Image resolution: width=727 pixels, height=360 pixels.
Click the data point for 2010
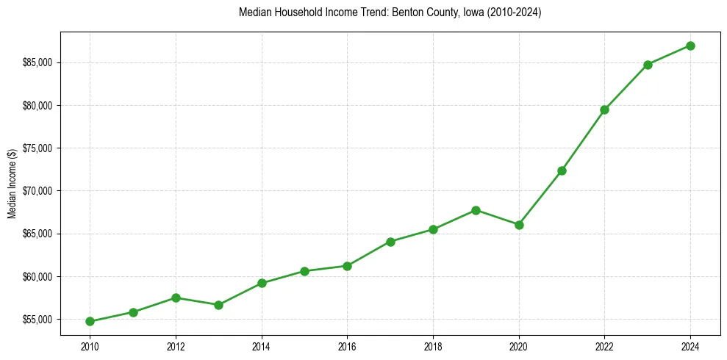pyautogui.click(x=90, y=321)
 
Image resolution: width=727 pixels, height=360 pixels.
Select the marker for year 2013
pyautogui.click(x=218, y=305)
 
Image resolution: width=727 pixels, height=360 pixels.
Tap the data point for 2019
pyautogui.click(x=476, y=210)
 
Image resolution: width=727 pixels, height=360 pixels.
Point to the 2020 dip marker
pyautogui.click(x=519, y=225)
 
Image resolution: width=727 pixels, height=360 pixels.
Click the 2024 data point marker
pyautogui.click(x=690, y=46)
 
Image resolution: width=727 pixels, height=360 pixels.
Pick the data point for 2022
pyautogui.click(x=604, y=109)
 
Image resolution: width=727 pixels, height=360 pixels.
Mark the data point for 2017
pyautogui.click(x=390, y=242)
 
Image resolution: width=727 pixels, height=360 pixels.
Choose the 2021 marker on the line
pyautogui.click(x=562, y=170)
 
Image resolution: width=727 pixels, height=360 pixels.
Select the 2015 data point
pyautogui.click(x=304, y=271)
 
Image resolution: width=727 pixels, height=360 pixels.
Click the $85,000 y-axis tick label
pyautogui.click(x=38, y=62)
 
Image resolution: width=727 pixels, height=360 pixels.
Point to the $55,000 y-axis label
pyautogui.click(x=38, y=320)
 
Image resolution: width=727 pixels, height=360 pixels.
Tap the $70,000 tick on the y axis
pyautogui.click(x=38, y=191)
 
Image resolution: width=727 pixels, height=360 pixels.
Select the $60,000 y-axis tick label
pyautogui.click(x=38, y=277)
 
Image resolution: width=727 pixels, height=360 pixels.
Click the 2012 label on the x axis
pyautogui.click(x=176, y=346)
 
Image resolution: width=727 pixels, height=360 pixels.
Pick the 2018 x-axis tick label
pyautogui.click(x=433, y=346)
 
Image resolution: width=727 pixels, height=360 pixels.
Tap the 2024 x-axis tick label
pyautogui.click(x=690, y=346)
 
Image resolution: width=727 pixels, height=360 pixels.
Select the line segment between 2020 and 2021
pyautogui.click(x=540, y=198)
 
